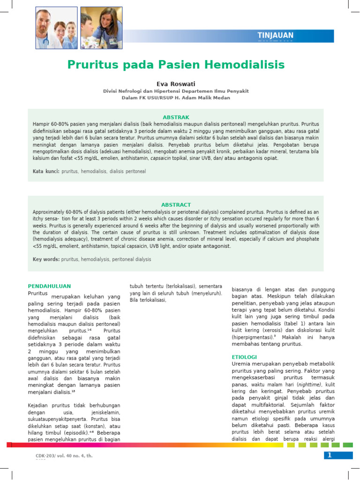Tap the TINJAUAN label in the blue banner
(x=276, y=36)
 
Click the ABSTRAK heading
(x=176, y=117)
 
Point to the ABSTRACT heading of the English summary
(x=176, y=205)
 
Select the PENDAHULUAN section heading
(x=49, y=285)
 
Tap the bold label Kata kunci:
(x=46, y=172)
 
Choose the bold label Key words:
(x=46, y=259)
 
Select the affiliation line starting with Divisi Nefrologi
(x=176, y=91)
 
